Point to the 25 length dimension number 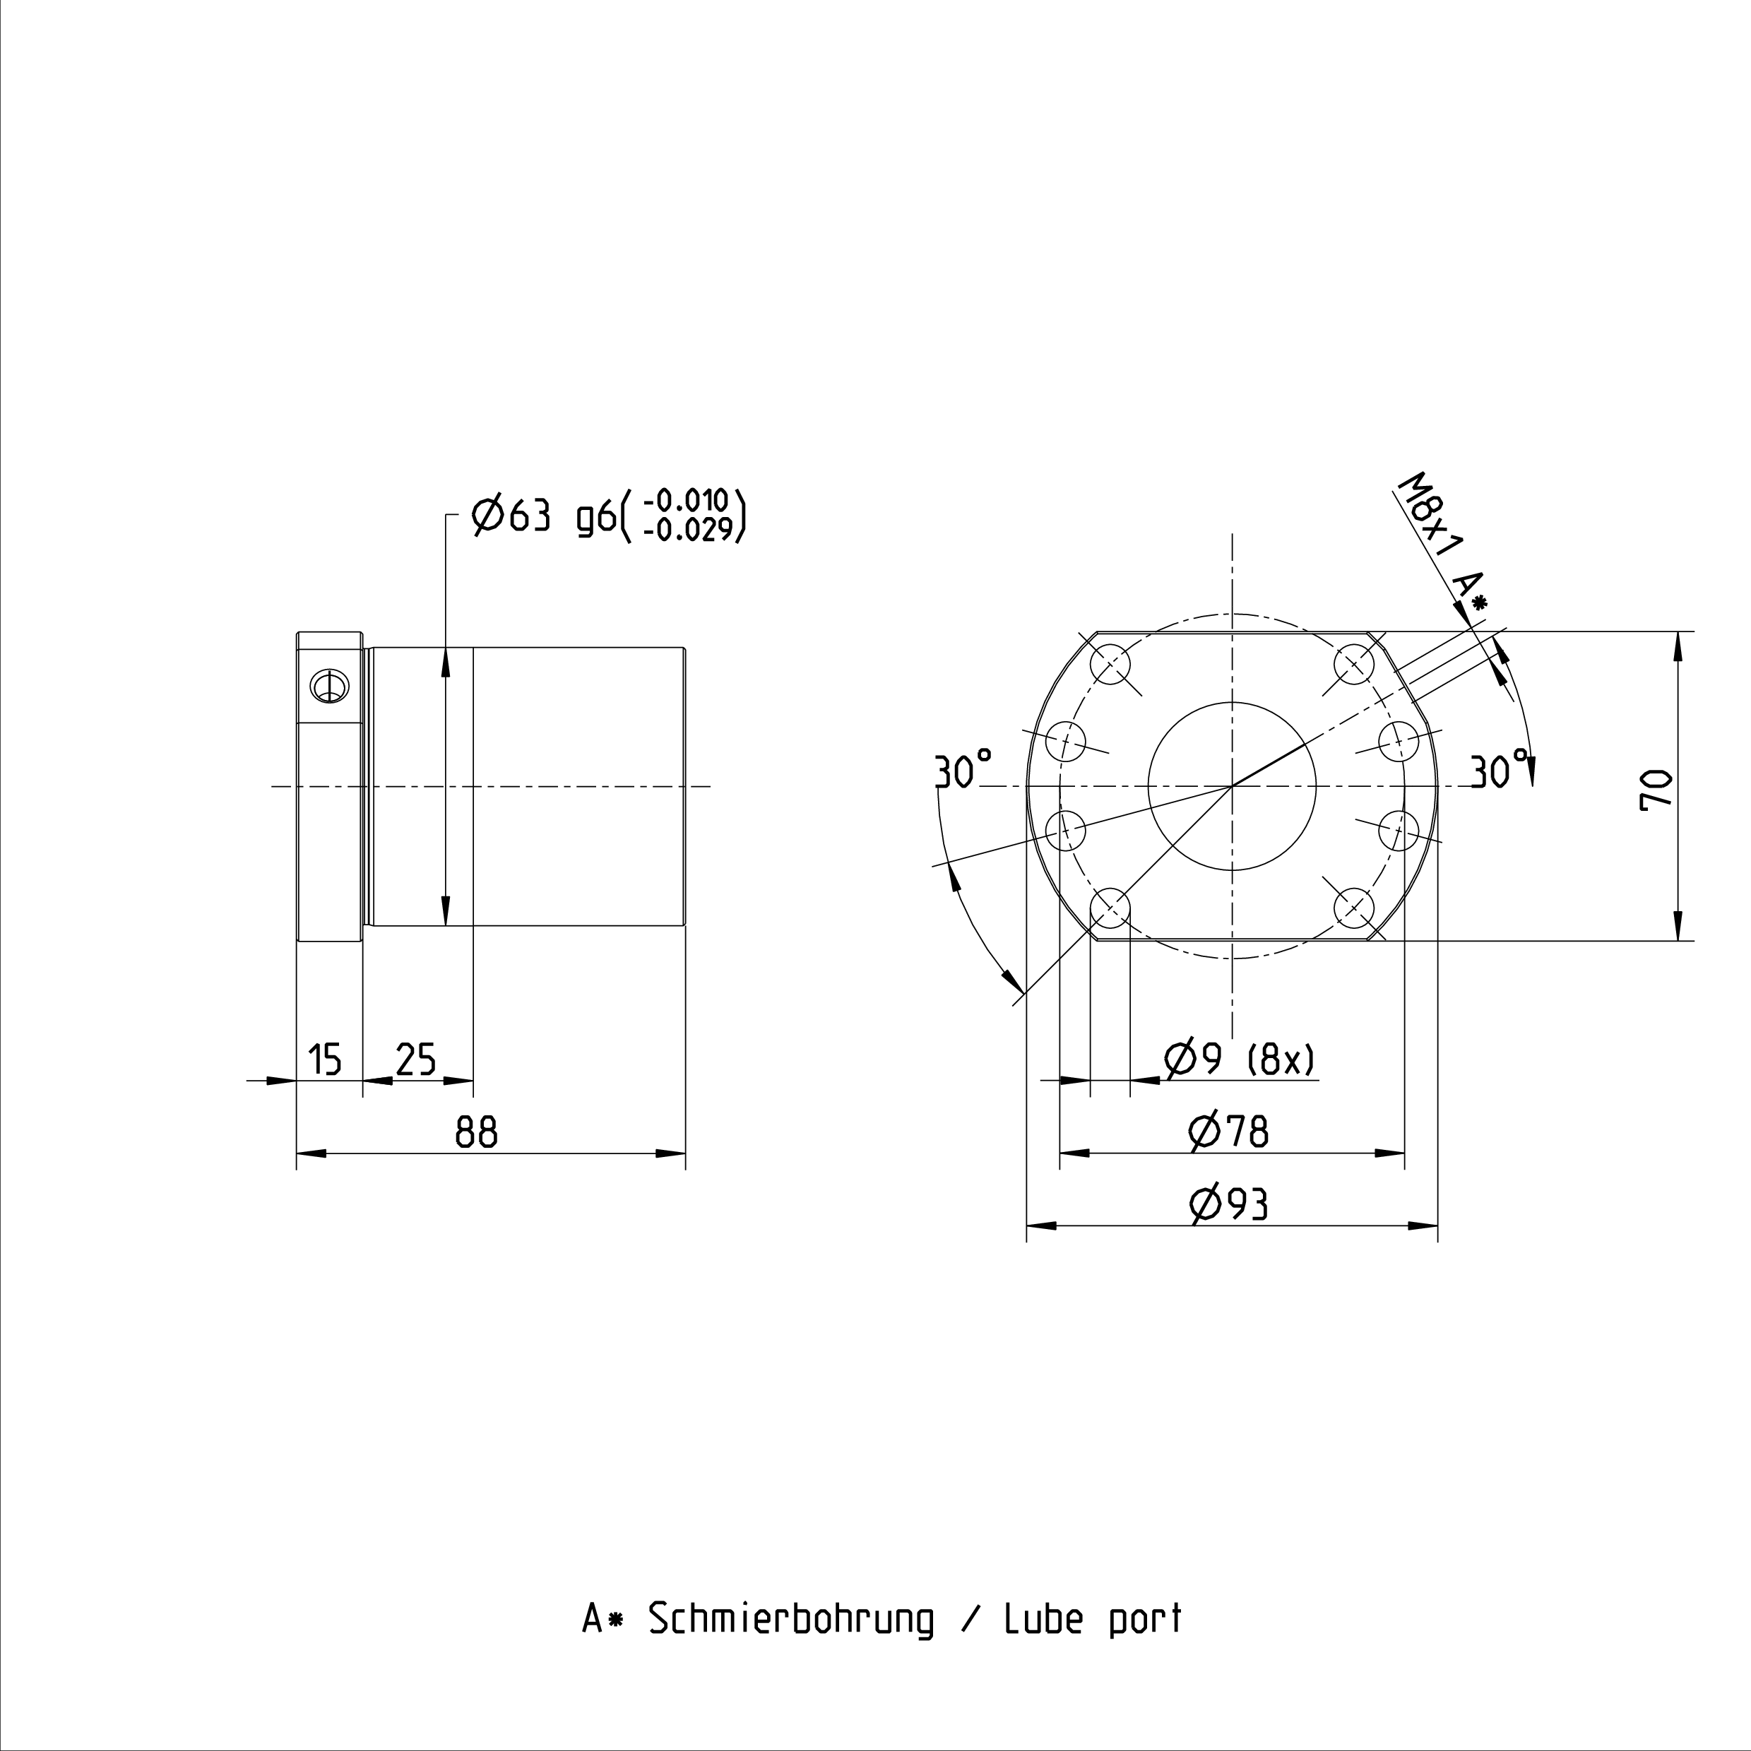(x=416, y=1059)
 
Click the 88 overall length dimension (x=477, y=1132)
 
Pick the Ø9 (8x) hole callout (x=1239, y=1059)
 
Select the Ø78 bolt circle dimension (x=1229, y=1131)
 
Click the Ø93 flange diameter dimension (x=1229, y=1204)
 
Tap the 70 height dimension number (x=1656, y=788)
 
